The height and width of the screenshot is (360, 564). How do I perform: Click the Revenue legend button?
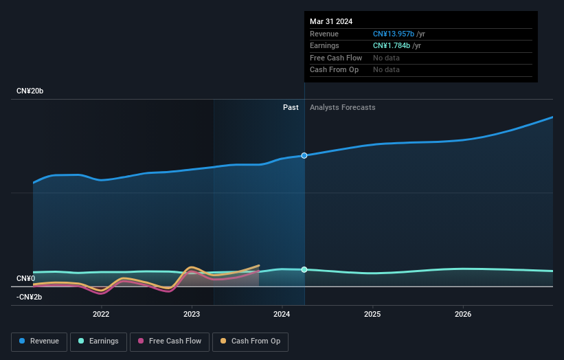39,341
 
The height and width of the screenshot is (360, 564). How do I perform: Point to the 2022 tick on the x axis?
101,315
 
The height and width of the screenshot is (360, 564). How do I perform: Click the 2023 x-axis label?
192,315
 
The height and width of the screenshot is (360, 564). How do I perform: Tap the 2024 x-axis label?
282,315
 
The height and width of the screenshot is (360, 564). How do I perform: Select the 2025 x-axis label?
372,315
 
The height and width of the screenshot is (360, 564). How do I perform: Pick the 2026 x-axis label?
463,315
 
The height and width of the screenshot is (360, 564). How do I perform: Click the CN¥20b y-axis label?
30,91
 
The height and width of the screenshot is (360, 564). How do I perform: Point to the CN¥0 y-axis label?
26,278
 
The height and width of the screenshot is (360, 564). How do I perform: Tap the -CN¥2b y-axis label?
30,297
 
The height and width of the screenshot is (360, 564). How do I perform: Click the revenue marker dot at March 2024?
304,156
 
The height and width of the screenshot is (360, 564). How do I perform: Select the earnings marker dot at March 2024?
304,269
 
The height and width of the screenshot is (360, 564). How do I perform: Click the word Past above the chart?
291,107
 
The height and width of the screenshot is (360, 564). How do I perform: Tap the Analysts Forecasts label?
342,107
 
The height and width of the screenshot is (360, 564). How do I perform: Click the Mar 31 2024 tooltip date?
331,21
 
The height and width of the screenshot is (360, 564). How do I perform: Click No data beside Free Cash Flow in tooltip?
386,58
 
